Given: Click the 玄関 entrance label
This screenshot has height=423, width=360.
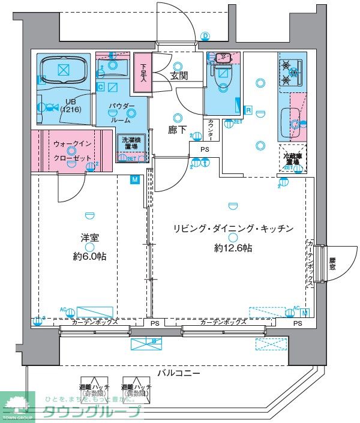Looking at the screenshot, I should (x=179, y=76).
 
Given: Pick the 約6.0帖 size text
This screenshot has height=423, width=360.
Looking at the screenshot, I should (x=90, y=257).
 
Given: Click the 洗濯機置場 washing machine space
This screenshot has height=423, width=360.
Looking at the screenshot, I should (x=127, y=147).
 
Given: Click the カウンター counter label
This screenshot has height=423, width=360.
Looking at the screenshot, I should (x=211, y=130).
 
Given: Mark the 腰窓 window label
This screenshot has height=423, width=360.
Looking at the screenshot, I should (x=332, y=264).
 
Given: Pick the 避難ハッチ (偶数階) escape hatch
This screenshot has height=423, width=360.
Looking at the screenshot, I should (x=137, y=391).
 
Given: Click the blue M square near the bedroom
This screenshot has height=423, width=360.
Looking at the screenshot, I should (x=134, y=178).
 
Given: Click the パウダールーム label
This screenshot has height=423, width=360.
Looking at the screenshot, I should (x=122, y=112).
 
